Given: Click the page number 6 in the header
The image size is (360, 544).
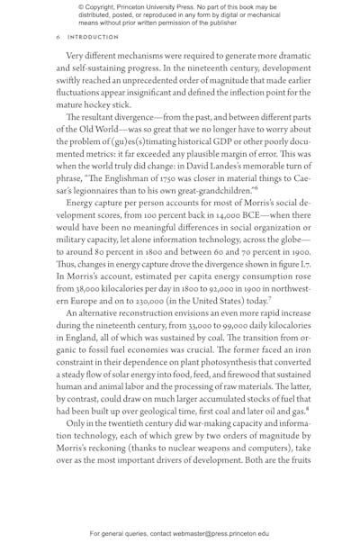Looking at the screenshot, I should [x=58, y=38].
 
